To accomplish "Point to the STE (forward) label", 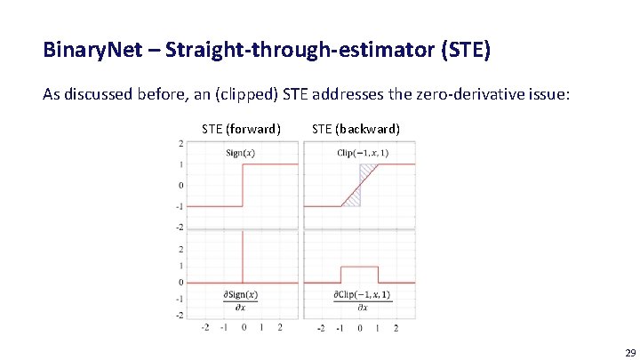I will [x=241, y=129].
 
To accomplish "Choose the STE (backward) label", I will [x=356, y=129].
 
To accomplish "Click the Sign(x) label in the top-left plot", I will [x=240, y=153].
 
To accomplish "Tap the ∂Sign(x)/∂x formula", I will [x=240, y=300].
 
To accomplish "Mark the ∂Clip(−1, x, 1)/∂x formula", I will [x=362, y=300].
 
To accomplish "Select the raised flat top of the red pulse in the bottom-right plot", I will [x=359, y=266].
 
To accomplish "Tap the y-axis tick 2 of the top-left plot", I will [x=181, y=143].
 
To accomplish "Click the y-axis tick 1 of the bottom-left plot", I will [x=181, y=266].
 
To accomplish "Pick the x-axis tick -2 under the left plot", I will [x=206, y=327].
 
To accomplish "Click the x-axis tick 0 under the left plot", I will [x=243, y=327].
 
